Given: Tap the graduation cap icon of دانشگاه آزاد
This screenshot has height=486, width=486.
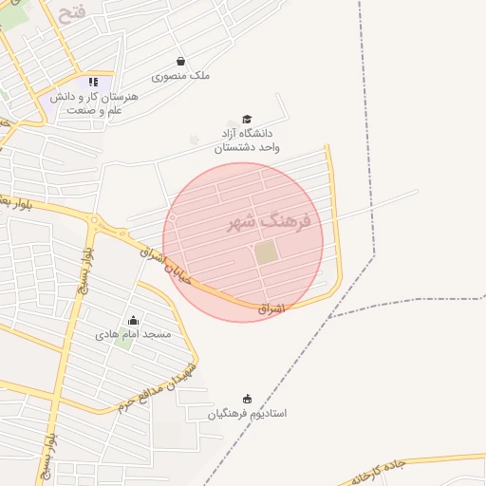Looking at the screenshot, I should (x=247, y=119).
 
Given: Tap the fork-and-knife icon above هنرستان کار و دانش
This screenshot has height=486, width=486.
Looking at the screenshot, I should (x=93, y=83).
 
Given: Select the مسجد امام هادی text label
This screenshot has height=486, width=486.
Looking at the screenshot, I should (x=134, y=334).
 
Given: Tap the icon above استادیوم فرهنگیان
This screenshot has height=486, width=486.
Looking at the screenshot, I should (x=248, y=399).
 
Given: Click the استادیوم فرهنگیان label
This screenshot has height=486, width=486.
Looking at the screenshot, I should (x=249, y=414).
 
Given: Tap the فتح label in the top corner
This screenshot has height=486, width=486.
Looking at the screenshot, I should (x=72, y=15).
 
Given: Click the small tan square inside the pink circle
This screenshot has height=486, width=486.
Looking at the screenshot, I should (x=266, y=253).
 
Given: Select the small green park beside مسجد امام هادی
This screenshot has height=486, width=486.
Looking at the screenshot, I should (x=122, y=342).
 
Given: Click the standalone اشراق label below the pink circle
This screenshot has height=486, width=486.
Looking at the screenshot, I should (x=271, y=308).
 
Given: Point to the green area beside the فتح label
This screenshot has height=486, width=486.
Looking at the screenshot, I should (x=13, y=16).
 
